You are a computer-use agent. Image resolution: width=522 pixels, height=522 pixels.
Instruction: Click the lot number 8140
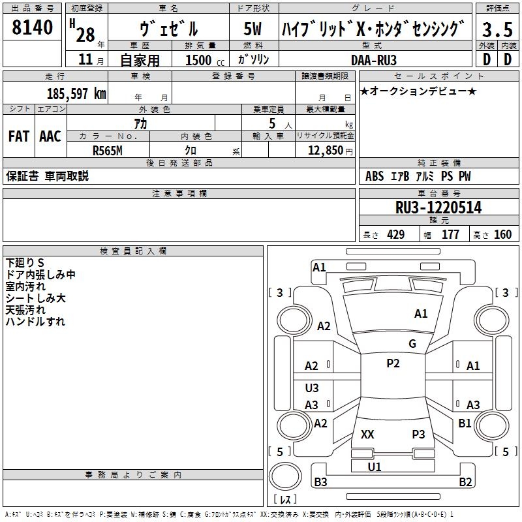click(x=33, y=27)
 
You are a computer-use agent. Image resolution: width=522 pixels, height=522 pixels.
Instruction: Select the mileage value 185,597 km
click(x=76, y=93)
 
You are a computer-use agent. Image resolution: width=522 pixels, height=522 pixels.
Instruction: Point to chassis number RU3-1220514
click(x=438, y=207)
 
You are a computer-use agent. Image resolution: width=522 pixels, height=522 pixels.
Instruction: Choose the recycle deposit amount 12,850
click(x=325, y=149)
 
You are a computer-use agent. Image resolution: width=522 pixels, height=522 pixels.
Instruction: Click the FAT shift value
click(x=18, y=136)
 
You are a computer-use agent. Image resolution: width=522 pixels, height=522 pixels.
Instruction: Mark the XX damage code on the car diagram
click(x=367, y=435)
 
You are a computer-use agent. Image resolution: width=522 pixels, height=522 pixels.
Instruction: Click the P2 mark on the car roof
click(x=393, y=363)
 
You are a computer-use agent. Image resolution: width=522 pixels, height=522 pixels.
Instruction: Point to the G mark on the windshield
click(x=412, y=344)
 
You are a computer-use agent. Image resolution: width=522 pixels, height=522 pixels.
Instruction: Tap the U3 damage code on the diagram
click(x=312, y=388)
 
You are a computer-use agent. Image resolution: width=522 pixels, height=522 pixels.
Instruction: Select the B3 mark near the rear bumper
click(x=321, y=482)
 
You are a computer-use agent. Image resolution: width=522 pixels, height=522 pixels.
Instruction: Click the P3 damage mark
click(x=418, y=435)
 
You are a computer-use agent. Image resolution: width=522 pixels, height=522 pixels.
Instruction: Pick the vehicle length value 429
click(x=396, y=235)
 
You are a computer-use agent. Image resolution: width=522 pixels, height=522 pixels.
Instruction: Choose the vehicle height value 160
click(x=503, y=235)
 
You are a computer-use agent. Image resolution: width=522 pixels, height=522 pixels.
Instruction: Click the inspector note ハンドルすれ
click(x=35, y=322)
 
